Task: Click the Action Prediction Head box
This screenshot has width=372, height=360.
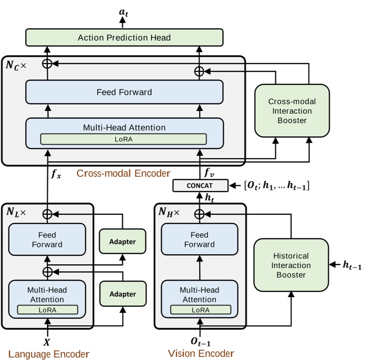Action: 124,37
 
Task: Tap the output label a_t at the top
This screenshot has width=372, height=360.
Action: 124,12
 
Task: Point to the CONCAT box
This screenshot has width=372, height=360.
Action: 200,186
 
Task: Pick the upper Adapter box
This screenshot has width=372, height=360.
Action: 123,242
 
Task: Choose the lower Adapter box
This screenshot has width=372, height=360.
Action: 123,294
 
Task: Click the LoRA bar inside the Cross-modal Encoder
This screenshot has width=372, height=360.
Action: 123,139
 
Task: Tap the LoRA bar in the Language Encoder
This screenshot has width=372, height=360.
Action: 47,310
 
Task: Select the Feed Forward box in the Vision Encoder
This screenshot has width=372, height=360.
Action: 199,239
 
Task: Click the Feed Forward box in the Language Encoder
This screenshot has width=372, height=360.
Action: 47,239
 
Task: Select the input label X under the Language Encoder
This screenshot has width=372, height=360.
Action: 46,342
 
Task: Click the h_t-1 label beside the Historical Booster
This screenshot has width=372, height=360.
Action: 353,265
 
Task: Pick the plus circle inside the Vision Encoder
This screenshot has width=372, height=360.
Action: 199,214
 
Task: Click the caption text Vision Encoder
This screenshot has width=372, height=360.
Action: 201,354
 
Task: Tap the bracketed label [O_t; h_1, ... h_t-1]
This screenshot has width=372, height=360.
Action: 277,186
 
